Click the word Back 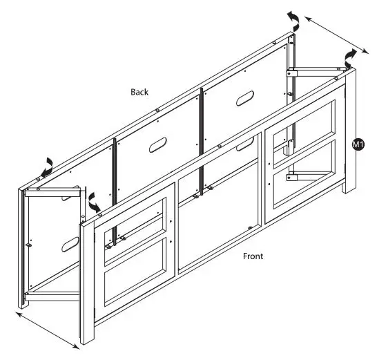(139, 92)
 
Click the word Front (253, 256)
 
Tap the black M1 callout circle (358, 144)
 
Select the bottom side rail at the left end (55, 298)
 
